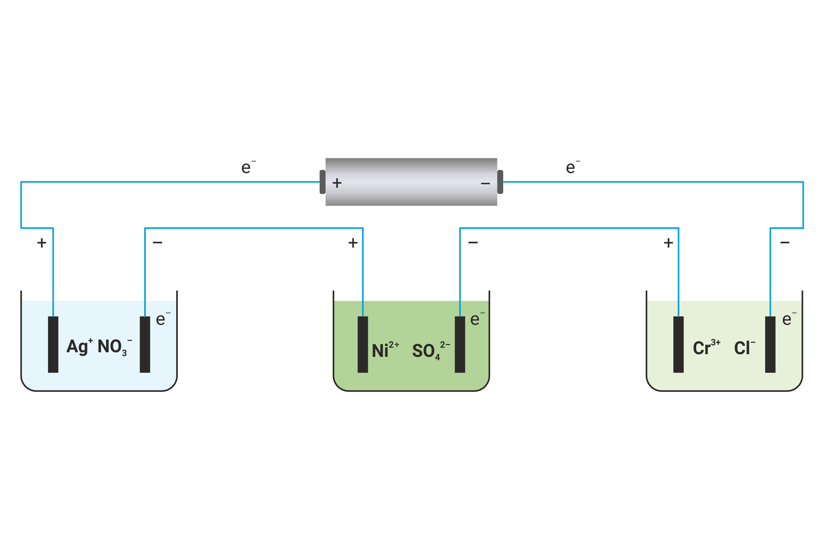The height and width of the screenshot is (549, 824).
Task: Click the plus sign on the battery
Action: point(337,183)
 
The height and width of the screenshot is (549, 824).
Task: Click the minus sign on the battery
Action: point(485,184)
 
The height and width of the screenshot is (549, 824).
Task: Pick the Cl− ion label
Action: point(744,348)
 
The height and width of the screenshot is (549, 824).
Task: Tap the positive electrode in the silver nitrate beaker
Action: point(53,344)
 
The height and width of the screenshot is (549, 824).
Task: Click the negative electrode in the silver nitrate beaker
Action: point(145,344)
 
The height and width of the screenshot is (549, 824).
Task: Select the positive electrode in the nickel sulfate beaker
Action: point(363,344)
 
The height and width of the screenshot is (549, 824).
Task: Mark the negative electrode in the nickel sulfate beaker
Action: point(460,344)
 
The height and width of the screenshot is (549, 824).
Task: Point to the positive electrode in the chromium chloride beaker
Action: point(678,344)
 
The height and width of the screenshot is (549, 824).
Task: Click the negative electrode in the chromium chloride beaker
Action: point(770,344)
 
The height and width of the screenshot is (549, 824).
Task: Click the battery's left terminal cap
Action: point(322,182)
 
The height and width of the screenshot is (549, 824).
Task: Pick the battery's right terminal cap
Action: point(500,182)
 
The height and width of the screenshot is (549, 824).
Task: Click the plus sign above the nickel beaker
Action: point(353,243)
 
